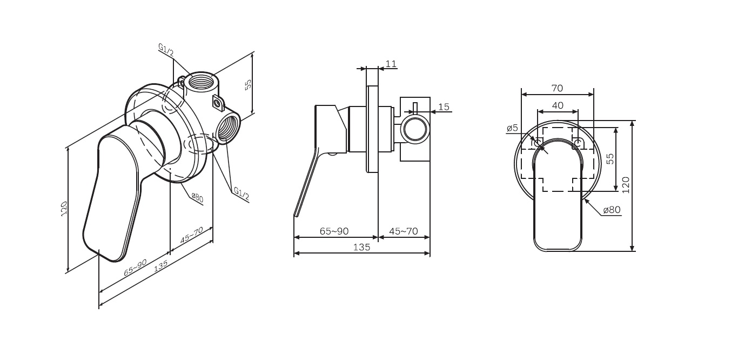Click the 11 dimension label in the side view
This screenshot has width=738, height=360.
coord(391,64)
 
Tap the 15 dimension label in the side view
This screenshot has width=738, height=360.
coord(444,107)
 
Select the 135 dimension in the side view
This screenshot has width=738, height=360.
coord(362,247)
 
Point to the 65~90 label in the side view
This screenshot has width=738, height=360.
coord(334,231)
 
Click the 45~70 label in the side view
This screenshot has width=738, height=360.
coord(404,231)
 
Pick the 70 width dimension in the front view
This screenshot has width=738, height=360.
coord(557,88)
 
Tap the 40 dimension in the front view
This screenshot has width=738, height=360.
coord(558,105)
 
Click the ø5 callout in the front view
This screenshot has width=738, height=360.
coord(512,128)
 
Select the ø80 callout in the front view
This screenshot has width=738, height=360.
coord(612,210)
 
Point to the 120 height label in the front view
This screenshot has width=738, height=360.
coord(626,185)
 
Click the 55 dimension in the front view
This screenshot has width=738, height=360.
coord(610,159)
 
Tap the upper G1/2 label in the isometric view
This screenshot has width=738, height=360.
coord(166,50)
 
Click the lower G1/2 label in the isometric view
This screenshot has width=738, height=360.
coord(241,194)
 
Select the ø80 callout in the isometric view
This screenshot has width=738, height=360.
coord(197,198)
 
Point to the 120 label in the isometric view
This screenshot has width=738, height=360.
coord(64,209)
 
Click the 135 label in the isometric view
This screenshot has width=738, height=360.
coord(161,266)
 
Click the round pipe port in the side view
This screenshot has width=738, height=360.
coord(415,129)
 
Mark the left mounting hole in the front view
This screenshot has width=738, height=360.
coord(538,142)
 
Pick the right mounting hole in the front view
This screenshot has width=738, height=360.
coord(578,142)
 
